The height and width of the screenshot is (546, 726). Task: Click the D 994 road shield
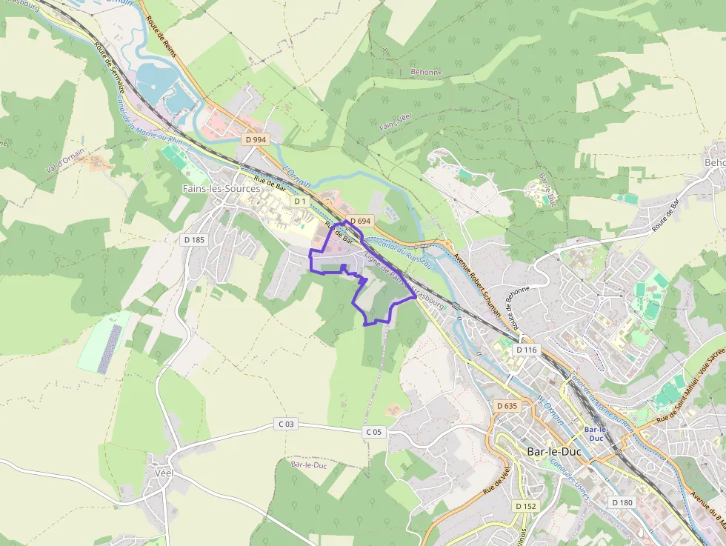[x=255, y=139]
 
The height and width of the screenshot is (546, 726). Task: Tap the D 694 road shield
[x=360, y=221]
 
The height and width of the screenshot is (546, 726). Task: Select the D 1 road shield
[x=299, y=201]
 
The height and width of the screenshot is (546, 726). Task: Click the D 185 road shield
[x=194, y=239]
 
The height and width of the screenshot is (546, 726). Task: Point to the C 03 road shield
[x=285, y=424]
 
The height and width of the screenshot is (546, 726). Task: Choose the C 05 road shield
[x=373, y=432]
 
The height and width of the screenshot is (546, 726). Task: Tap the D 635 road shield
[x=507, y=406]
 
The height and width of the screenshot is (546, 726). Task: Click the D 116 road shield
[x=526, y=349]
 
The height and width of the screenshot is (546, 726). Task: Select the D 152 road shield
[x=524, y=506]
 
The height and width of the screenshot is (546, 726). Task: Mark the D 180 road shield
[x=622, y=502]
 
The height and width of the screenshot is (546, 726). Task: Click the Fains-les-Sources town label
[x=222, y=188]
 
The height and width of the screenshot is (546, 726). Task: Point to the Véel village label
[x=163, y=472]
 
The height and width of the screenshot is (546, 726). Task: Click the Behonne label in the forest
[x=426, y=72]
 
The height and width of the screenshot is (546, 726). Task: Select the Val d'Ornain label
[x=65, y=161]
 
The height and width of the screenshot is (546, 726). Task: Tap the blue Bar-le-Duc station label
[x=596, y=433]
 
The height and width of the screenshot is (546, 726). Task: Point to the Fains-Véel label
[x=395, y=121]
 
